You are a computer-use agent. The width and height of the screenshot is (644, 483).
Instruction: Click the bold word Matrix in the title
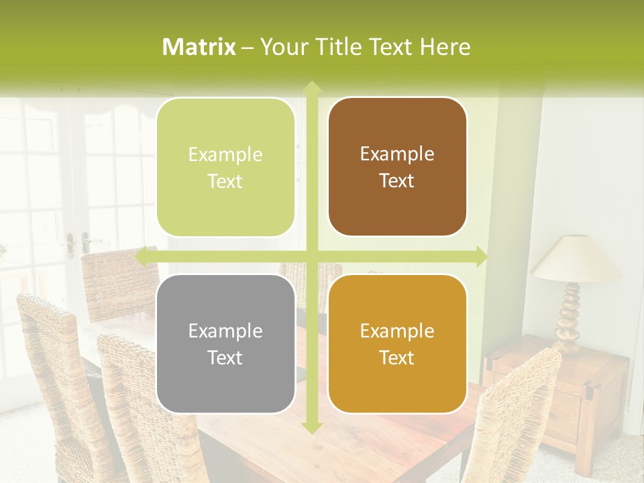click(x=199, y=47)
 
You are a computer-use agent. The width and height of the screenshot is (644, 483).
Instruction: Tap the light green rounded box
click(x=225, y=168)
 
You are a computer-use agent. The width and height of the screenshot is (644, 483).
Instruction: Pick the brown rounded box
click(x=397, y=167)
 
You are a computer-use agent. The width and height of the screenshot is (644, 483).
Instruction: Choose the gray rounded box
click(x=225, y=344)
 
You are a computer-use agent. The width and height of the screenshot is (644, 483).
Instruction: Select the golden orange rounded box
click(x=397, y=344)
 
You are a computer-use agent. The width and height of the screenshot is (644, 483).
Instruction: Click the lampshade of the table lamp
click(x=575, y=259)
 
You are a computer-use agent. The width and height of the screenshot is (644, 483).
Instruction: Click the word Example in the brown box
click(x=397, y=154)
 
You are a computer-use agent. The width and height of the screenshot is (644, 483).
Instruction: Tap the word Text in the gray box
click(x=225, y=358)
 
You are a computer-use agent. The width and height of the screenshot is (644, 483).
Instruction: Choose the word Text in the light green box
click(x=225, y=181)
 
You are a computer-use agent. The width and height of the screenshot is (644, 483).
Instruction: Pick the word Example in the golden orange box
click(x=397, y=331)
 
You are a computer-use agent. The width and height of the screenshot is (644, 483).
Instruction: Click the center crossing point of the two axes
click(x=311, y=257)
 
